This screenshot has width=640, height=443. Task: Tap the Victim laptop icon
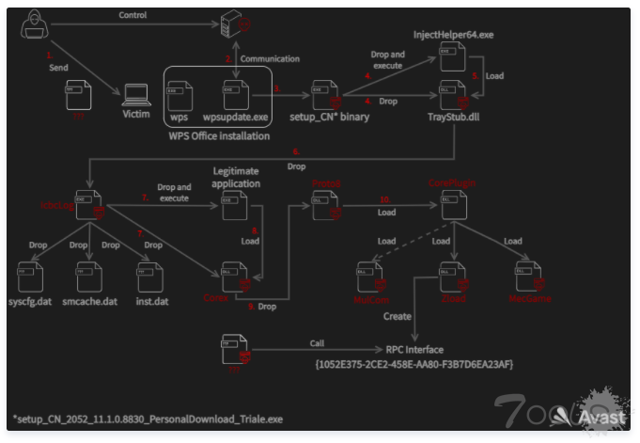[137, 93]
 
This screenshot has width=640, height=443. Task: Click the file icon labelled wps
[178, 94]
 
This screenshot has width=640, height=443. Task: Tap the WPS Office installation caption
[219, 136]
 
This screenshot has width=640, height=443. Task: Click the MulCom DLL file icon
[369, 275]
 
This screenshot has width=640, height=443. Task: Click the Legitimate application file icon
[234, 206]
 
